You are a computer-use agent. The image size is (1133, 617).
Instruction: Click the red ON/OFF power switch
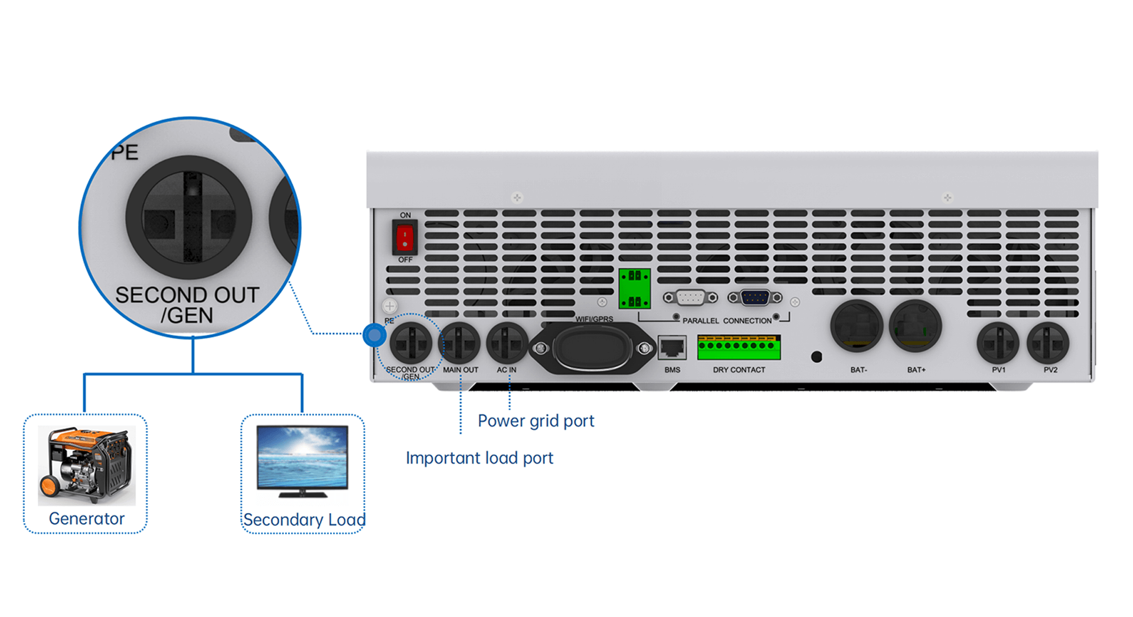coord(404,237)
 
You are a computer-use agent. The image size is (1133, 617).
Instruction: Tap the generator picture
coord(87,465)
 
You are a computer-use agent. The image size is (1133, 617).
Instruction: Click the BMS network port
coord(672,348)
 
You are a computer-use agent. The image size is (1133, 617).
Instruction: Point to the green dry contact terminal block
coord(739,347)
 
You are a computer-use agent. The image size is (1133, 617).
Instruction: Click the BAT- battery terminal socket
coord(856,327)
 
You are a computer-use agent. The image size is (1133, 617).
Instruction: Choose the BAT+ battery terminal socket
coord(915,327)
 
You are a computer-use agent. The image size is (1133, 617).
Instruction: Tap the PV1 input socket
coord(998,344)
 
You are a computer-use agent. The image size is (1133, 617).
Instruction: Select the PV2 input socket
coord(1048,344)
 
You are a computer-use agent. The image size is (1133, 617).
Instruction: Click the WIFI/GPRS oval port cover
coord(592,348)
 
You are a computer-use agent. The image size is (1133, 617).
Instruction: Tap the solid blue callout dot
coord(374,335)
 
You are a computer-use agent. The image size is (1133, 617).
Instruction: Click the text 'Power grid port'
coord(536,421)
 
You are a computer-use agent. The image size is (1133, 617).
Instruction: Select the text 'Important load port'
coord(479,458)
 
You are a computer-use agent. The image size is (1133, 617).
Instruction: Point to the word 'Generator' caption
coord(87,518)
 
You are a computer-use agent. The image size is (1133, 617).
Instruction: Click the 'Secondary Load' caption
coord(304,520)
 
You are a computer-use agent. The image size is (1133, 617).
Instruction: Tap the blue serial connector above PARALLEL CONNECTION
coord(755,298)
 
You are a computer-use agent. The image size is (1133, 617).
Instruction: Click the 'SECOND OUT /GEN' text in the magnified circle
coord(187,305)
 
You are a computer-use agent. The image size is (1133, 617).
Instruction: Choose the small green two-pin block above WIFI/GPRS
coord(635,289)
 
